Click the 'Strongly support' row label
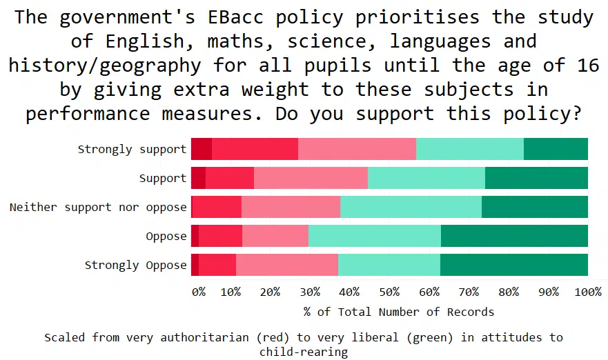(132, 149)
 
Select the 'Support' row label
(163, 178)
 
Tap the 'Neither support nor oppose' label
(98, 207)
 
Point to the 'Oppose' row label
(166, 236)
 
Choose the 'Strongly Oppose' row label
(135, 265)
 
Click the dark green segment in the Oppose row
(514, 236)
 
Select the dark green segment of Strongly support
(556, 149)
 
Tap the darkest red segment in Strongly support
(202, 149)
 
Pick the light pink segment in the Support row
(311, 178)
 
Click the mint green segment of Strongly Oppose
(389, 265)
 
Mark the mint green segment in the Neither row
(411, 207)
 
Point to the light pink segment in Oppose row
(275, 236)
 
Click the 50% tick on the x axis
(390, 292)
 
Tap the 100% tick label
(588, 292)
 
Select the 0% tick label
(199, 292)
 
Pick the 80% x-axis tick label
(509, 292)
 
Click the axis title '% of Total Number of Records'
(399, 312)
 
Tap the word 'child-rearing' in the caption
(304, 352)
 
